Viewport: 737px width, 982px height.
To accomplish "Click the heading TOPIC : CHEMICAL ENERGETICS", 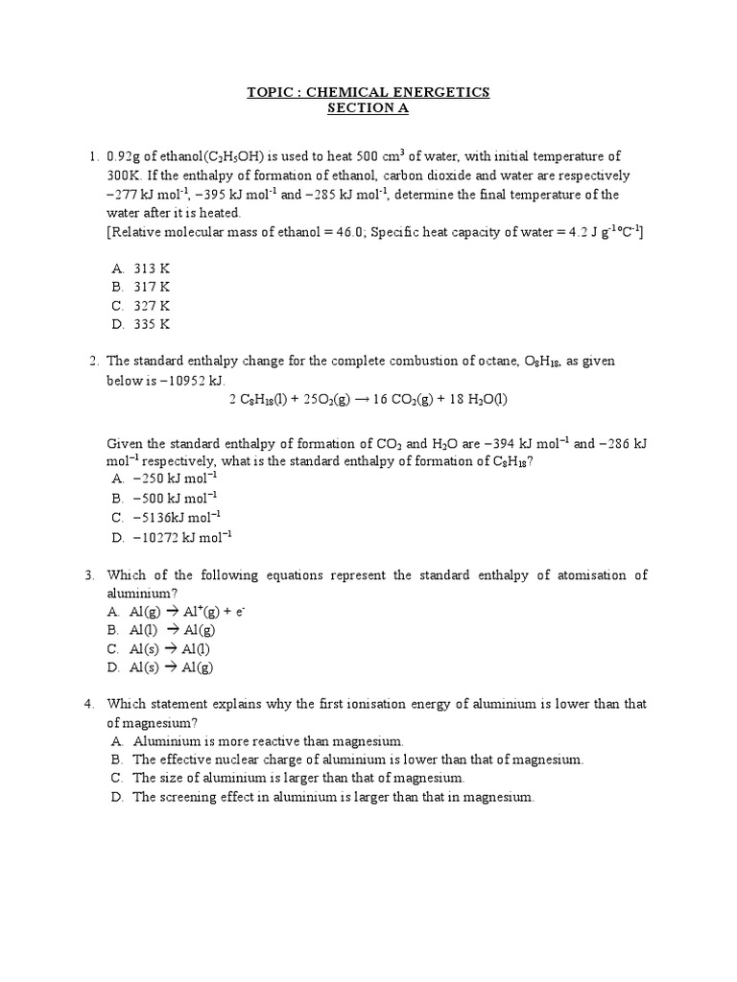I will pyautogui.click(x=368, y=92).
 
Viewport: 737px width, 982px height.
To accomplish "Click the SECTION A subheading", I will pyautogui.click(x=368, y=109).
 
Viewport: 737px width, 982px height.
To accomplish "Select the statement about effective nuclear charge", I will pyautogui.click(x=357, y=760).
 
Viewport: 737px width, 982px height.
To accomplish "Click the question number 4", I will pyautogui.click(x=89, y=704).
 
